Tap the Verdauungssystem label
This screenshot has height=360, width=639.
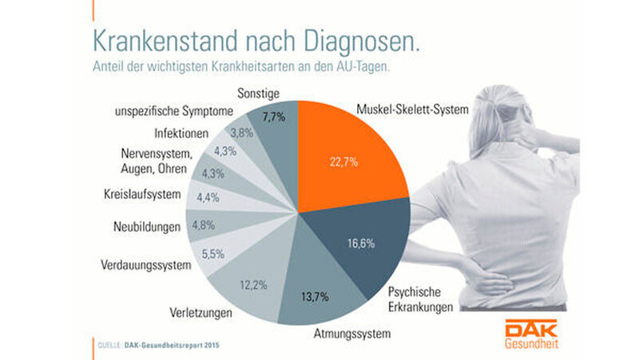[x=147, y=264]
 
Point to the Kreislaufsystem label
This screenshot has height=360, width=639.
[x=142, y=193]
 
